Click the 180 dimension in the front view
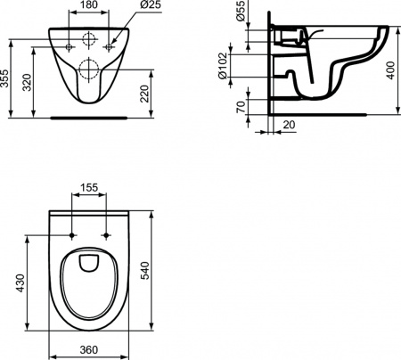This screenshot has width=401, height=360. [x=88, y=5]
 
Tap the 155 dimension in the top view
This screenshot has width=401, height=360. [x=88, y=190]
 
